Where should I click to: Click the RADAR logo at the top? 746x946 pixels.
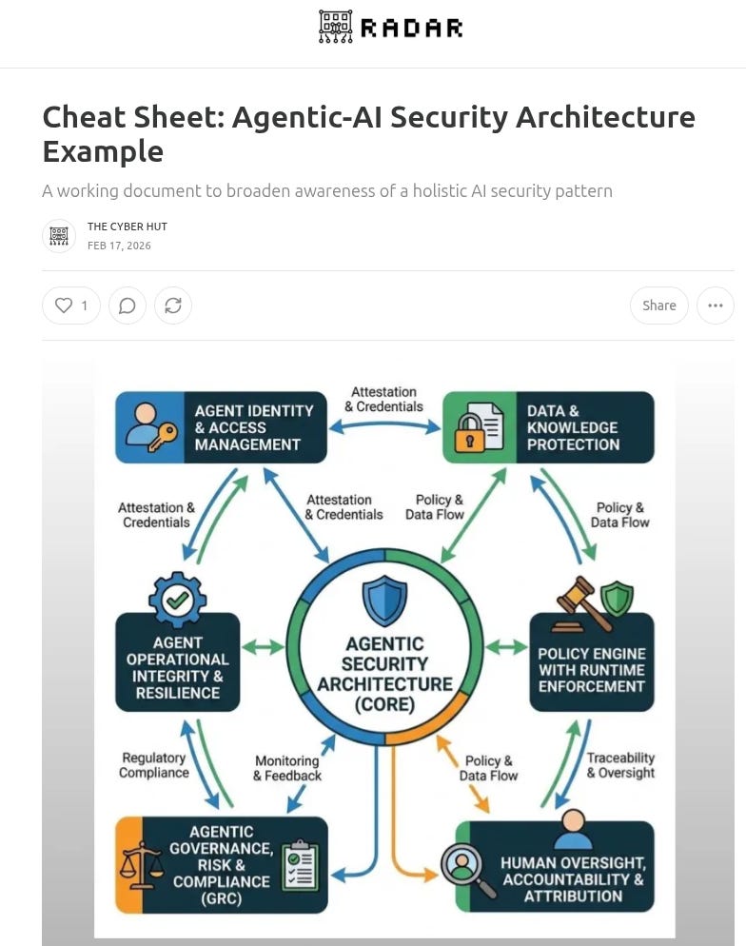point(390,27)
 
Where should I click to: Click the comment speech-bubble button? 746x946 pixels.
point(127,305)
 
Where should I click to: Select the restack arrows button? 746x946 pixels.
point(173,305)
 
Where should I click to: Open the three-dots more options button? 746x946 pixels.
point(716,305)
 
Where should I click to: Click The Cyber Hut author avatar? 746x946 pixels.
point(59,235)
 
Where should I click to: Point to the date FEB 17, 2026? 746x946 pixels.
point(119,246)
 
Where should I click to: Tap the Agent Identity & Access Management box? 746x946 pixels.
point(221,427)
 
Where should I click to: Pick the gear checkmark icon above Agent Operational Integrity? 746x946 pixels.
point(177,600)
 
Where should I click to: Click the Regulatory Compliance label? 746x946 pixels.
point(154,765)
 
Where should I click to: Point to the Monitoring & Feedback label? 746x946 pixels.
point(286,768)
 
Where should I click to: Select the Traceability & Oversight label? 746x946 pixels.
point(620,765)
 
